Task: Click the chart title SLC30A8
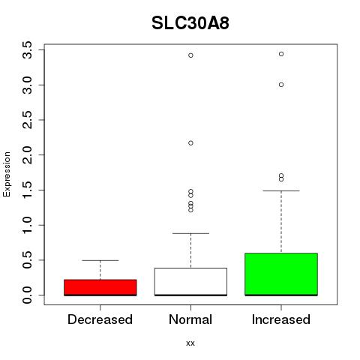(190, 23)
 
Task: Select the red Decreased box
(100, 287)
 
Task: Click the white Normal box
(190, 282)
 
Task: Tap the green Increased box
(281, 274)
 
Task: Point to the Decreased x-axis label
(100, 319)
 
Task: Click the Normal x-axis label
(190, 319)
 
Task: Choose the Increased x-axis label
(281, 319)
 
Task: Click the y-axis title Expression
(7, 174)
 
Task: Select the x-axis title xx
(190, 343)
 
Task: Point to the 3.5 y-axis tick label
(27, 50)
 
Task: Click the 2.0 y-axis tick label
(27, 155)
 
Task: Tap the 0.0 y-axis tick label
(27, 295)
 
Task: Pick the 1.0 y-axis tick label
(27, 225)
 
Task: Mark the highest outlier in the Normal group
(190, 55)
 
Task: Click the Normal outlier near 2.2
(190, 143)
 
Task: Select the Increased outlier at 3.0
(281, 85)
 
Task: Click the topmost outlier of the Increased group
(281, 54)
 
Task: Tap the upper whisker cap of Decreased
(100, 260)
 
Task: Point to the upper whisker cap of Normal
(190, 233)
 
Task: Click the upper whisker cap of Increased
(281, 190)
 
